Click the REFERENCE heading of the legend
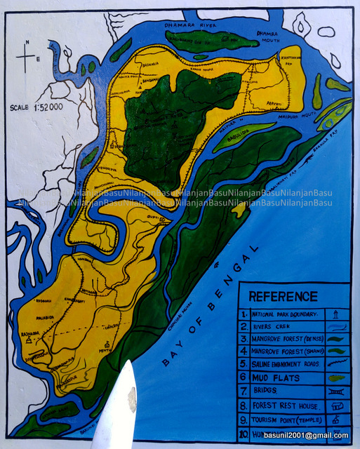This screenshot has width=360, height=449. pyautogui.click(x=283, y=296)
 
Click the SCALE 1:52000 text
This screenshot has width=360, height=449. pyautogui.click(x=36, y=107)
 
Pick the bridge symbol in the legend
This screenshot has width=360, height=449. pyautogui.click(x=336, y=391)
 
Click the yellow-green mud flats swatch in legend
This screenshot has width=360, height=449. pyautogui.click(x=336, y=377)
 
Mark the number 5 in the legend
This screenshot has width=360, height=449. pyautogui.click(x=243, y=364)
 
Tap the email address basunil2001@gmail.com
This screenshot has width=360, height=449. pyautogui.click(x=306, y=436)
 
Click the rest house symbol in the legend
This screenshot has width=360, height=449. pyautogui.click(x=336, y=406)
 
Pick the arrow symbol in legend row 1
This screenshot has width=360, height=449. pyautogui.click(x=336, y=314)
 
